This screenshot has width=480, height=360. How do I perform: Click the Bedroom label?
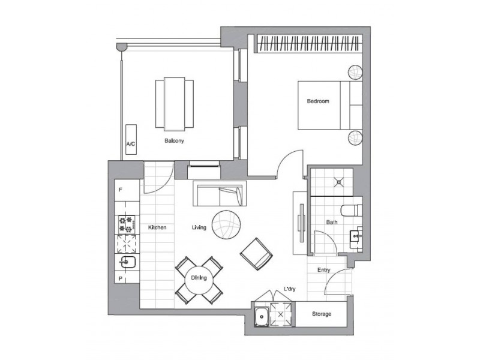318,101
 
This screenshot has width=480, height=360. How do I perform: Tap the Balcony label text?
174,142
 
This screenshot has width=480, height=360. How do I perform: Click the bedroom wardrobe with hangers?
310,44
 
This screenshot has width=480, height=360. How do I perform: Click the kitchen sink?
127,261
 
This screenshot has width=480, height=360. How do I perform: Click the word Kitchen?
157,228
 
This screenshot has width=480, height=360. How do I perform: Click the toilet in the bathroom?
349,211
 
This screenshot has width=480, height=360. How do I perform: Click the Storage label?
321,314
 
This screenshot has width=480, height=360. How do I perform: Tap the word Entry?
323,270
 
